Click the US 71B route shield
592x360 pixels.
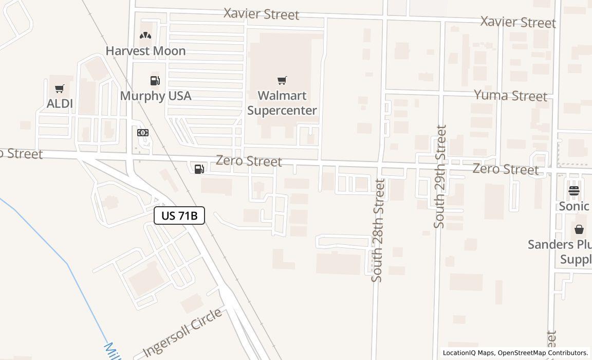click(x=179, y=215)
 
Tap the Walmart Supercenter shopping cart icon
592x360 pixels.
click(x=282, y=80)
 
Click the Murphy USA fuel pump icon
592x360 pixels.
click(x=155, y=80)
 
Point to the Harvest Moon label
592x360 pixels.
click(x=145, y=51)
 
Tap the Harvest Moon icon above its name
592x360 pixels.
click(x=145, y=35)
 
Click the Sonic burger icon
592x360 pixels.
click(x=574, y=191)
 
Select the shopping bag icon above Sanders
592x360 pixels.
click(x=579, y=229)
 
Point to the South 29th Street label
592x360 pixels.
click(x=440, y=176)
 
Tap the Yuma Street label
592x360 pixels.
click(x=510, y=96)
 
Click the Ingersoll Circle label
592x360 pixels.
click(x=182, y=332)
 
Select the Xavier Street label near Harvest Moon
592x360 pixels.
click(x=261, y=14)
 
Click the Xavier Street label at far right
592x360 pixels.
click(x=518, y=22)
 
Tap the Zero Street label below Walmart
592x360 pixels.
click(x=249, y=161)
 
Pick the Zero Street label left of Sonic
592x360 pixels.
click(x=506, y=169)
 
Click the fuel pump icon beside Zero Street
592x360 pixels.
click(x=199, y=168)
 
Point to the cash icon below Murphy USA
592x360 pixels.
click(x=143, y=133)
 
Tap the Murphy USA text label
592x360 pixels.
click(x=156, y=96)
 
